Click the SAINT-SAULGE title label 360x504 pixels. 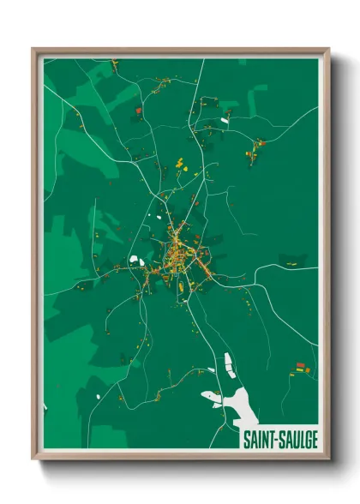click(x=279, y=439)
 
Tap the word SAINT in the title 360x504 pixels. click(x=259, y=439)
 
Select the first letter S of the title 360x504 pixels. click(x=245, y=439)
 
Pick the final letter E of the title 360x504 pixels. click(x=315, y=439)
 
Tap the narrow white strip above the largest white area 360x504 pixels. click(x=229, y=364)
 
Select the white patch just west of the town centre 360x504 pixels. click(x=136, y=260)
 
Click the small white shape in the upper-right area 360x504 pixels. click(x=225, y=121)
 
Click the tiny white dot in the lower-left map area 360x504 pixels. click(x=99, y=395)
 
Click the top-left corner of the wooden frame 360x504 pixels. click(x=33, y=50)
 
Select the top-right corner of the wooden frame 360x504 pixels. click(x=328, y=50)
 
